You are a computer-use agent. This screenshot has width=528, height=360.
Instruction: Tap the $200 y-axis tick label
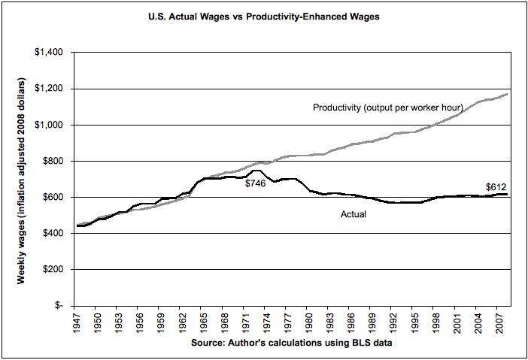(51, 269)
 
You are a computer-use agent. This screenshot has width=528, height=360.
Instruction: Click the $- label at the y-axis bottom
(56, 305)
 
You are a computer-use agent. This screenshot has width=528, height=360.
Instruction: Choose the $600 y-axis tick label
(51, 197)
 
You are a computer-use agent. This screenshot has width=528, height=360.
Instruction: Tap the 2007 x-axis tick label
(499, 320)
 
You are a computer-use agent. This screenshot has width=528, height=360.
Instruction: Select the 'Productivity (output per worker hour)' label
(387, 108)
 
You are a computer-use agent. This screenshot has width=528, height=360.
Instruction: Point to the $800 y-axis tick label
(51, 161)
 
